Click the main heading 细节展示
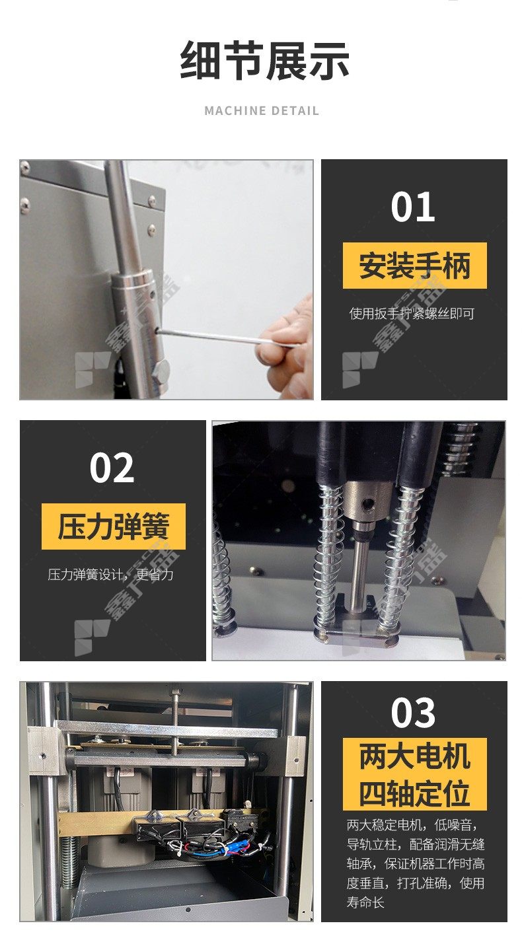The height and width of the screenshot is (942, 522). coord(264,61)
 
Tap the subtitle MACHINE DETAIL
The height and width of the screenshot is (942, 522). coord(262,110)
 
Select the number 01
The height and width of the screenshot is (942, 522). coord(412,207)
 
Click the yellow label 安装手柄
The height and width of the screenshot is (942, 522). coord(415,266)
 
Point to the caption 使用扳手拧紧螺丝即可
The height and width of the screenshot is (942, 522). coord(412,313)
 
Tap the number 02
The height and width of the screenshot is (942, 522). coord(112,468)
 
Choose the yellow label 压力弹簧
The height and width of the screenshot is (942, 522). coord(114,526)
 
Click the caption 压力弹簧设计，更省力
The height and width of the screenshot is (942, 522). coord(110,575)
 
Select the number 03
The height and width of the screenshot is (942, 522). coord(413,712)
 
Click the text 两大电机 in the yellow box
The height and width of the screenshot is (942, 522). coord(415,756)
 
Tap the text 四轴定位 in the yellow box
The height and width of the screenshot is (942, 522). coord(415,793)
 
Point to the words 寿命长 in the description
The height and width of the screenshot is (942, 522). coord(365,902)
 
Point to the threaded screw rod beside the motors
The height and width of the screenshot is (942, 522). coord(69,860)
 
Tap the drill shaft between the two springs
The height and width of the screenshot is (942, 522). coord(358,569)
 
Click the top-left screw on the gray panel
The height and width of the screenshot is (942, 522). coord(25,168)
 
